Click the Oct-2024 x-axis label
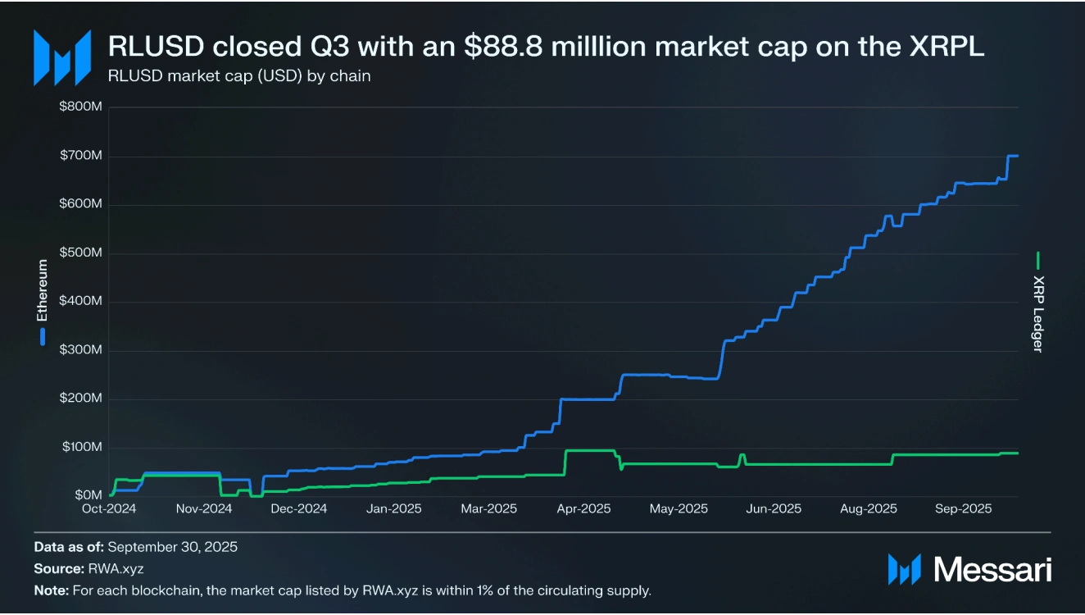tap(109, 509)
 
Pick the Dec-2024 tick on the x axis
tap(299, 509)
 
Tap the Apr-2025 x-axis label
tap(583, 509)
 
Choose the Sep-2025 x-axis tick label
tap(964, 509)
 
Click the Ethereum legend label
tap(43, 290)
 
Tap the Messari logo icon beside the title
tap(61, 57)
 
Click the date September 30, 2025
tap(173, 546)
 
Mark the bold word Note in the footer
tap(52, 590)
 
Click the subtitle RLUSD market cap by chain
tap(239, 76)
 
